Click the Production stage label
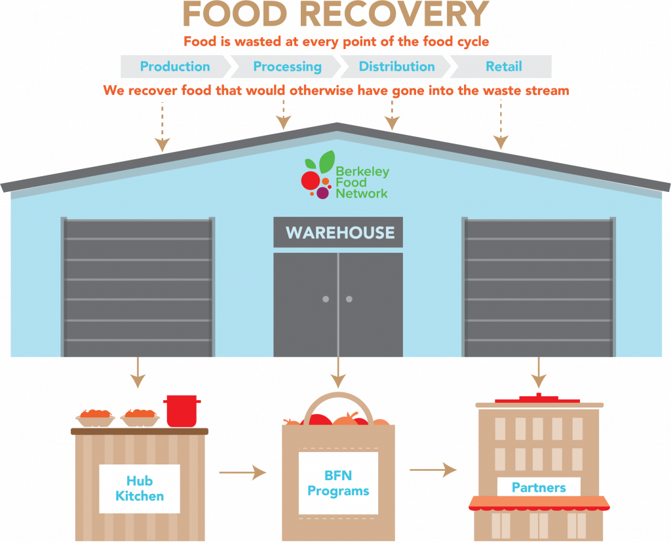[175, 66]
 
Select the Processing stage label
[287, 67]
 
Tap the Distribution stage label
[396, 66]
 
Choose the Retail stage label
[504, 66]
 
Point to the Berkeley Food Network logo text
[362, 182]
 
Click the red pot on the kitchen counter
[182, 411]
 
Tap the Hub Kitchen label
[140, 488]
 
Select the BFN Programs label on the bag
[338, 483]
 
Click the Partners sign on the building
[539, 487]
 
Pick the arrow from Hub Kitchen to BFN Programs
[242, 472]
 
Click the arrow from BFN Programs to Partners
[433, 470]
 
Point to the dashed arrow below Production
[163, 126]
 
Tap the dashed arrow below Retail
[501, 124]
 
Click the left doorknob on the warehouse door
[326, 299]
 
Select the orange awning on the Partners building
[539, 503]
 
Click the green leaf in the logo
[327, 162]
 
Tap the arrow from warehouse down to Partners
[539, 372]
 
